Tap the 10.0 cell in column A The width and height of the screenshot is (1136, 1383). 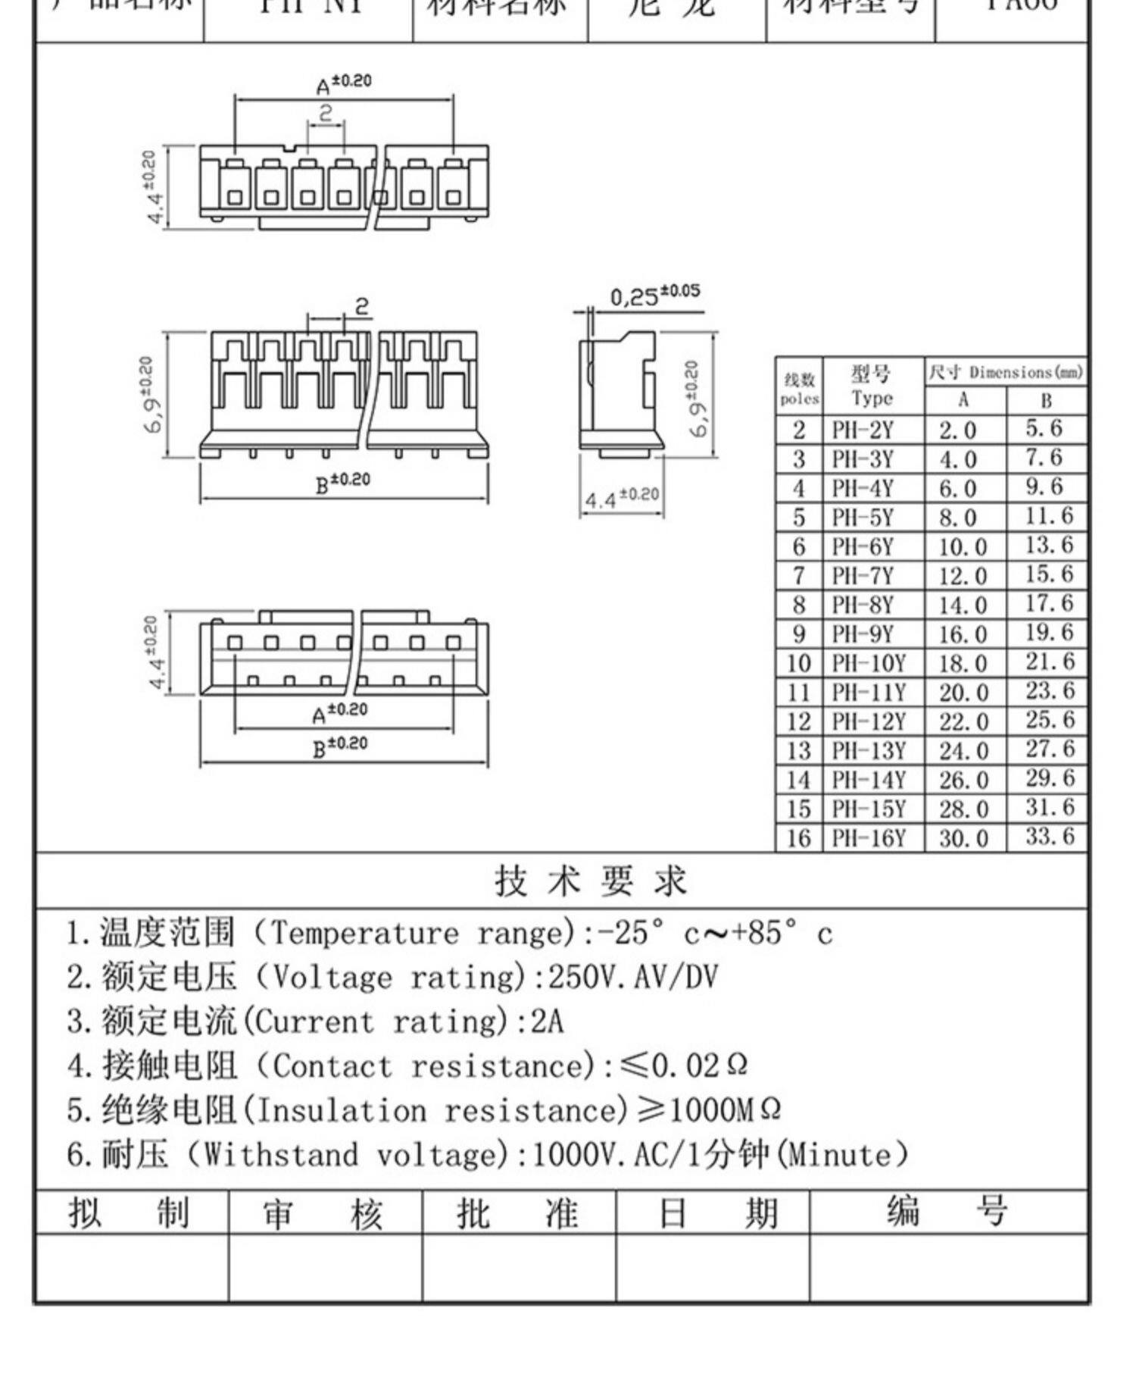point(963,547)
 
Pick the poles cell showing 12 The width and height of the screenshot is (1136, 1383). point(798,721)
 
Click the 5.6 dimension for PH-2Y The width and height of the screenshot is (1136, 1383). point(1044,429)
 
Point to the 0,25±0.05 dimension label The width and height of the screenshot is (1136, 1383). point(654,295)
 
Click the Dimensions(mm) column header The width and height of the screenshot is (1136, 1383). point(1006,372)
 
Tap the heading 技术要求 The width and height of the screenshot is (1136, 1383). point(591,881)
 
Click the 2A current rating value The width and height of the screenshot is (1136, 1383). point(547,1022)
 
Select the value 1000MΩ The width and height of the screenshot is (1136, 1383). point(724,1110)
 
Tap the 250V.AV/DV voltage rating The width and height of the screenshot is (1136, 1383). point(632,977)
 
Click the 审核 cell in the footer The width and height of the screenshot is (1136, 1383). point(323,1213)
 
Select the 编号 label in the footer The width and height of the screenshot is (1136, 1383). point(947,1211)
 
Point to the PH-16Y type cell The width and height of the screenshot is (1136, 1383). point(869,838)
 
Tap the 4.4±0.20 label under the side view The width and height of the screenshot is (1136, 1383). point(622,499)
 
